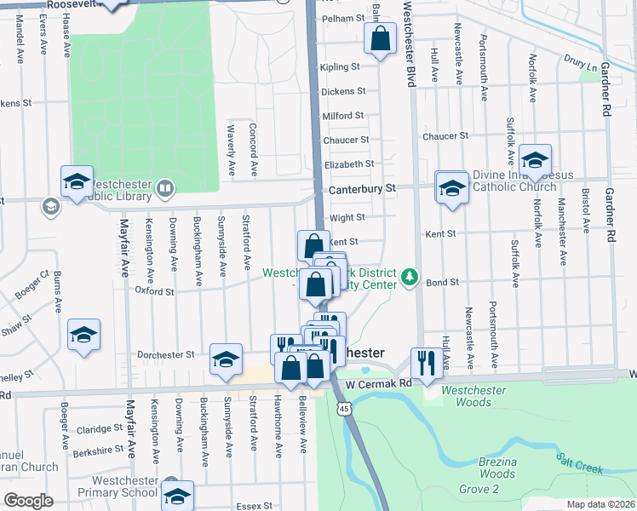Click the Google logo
pos(28,501)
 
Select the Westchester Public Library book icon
pos(165,187)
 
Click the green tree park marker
pos(410,277)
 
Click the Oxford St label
pos(154,291)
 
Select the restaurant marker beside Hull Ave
pos(424,363)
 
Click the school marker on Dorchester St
pos(226,359)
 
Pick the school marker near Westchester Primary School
pos(177,496)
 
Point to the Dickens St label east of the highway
pos(343,91)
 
